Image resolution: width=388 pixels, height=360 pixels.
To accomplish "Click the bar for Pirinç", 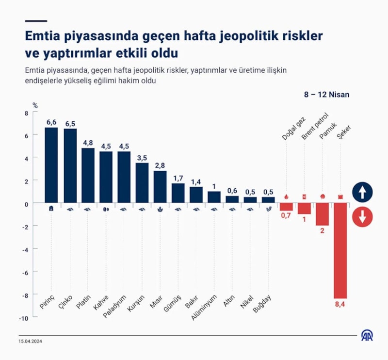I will pos(51,165).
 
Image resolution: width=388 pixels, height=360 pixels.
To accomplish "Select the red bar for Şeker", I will pos(340,250).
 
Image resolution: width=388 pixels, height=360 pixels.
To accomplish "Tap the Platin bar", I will pos(88,175).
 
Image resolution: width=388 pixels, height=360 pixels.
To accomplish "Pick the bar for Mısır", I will pos(160,187).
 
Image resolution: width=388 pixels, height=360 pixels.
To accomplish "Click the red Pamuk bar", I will pos(322,214).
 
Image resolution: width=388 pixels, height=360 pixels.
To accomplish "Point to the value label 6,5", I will pos(70,123).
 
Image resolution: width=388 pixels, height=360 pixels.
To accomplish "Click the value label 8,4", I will pos(340,304).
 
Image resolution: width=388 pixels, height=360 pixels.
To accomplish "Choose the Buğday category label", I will pos(262,305).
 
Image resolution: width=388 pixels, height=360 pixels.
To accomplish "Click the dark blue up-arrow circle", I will pos(362,192).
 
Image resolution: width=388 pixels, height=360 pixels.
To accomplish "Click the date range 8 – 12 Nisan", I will pos(326,95).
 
